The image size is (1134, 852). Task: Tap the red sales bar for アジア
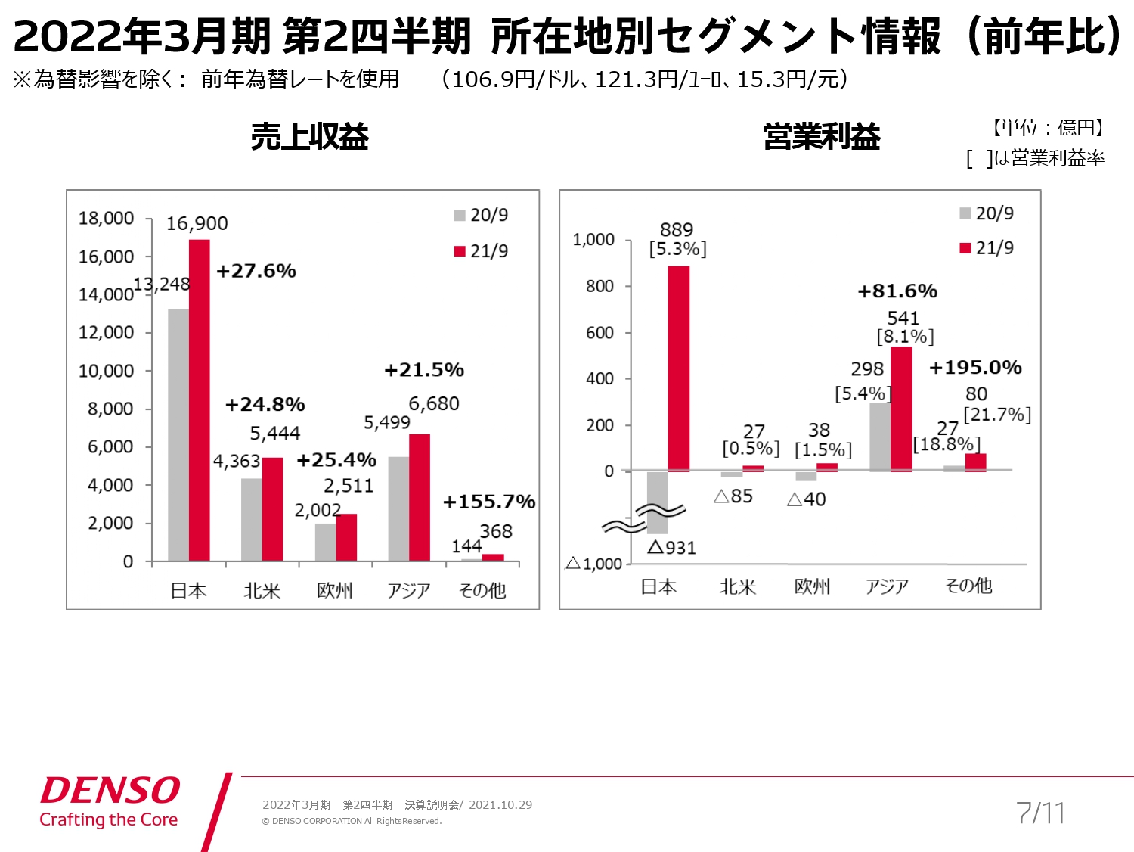click(420, 497)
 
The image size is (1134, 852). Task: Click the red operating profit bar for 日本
click(678, 368)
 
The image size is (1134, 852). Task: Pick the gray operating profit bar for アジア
click(879, 437)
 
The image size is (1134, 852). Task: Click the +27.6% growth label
click(256, 271)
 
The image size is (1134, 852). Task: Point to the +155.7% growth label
click(489, 502)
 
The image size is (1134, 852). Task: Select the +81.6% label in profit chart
click(897, 291)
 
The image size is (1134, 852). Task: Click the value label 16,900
click(197, 224)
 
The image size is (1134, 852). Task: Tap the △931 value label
click(671, 547)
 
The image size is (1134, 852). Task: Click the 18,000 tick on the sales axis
click(106, 219)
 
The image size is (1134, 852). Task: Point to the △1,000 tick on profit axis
click(593, 564)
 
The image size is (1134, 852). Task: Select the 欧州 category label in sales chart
click(335, 590)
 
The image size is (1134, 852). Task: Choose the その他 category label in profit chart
click(968, 586)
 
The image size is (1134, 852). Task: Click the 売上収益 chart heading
click(309, 137)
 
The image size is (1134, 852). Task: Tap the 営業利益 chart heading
click(822, 137)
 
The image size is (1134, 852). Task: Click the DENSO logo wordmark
click(110, 791)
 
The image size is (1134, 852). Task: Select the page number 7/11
click(1040, 813)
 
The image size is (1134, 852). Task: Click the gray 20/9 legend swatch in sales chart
click(460, 216)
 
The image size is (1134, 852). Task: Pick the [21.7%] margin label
click(996, 415)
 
